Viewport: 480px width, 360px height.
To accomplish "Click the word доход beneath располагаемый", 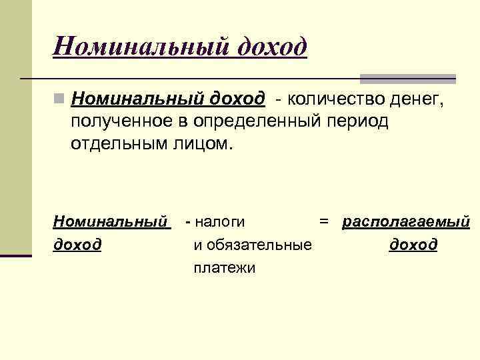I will pyautogui.click(x=413, y=245).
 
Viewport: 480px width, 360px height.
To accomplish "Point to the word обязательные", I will pyautogui.click(x=253, y=245).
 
